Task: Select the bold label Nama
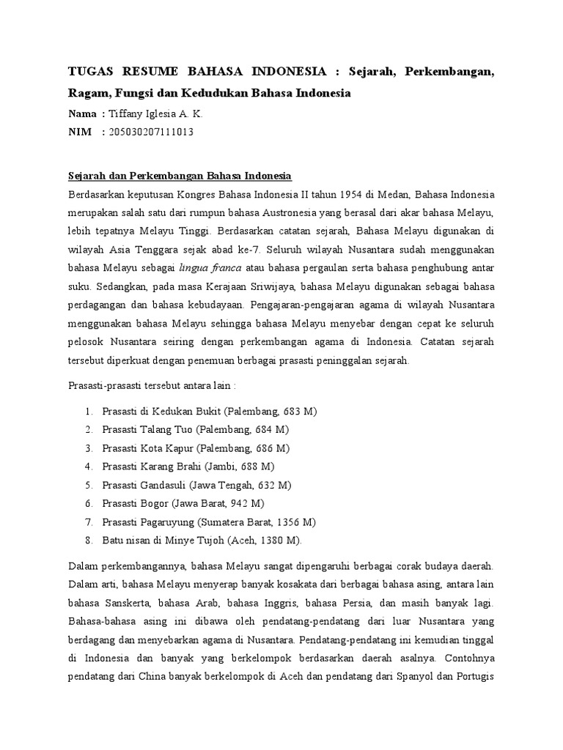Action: pos(82,114)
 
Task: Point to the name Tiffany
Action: pos(125,114)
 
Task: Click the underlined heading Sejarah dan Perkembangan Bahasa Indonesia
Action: pos(180,176)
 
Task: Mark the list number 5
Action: pos(88,485)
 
